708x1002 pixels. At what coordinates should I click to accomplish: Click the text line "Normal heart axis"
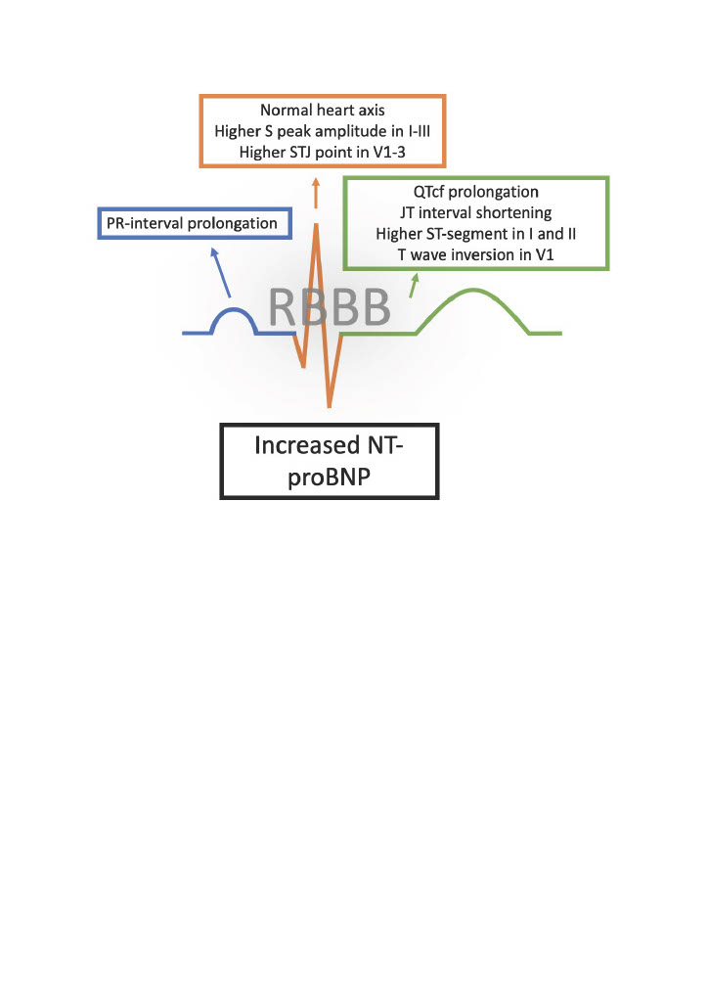tap(323, 110)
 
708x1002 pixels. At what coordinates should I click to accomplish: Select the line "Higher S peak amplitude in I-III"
tap(323, 131)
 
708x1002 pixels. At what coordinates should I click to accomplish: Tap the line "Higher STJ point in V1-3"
tap(323, 152)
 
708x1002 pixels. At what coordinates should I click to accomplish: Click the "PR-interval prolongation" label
tap(192, 223)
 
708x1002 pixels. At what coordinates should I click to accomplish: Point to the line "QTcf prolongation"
tap(476, 192)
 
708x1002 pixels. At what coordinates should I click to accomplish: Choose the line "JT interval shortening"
tap(476, 212)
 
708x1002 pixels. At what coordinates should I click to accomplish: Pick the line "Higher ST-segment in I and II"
tap(476, 234)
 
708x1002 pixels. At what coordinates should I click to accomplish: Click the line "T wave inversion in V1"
tap(476, 255)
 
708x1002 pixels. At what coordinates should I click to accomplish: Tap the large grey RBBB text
tap(329, 307)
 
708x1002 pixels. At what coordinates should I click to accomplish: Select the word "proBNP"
tap(329, 478)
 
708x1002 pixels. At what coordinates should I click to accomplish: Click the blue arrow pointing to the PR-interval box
tap(221, 273)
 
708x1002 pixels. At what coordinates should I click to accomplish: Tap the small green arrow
tap(414, 286)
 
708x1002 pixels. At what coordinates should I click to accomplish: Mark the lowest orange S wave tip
tap(330, 406)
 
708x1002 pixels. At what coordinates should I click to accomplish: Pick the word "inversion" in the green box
tap(485, 255)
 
